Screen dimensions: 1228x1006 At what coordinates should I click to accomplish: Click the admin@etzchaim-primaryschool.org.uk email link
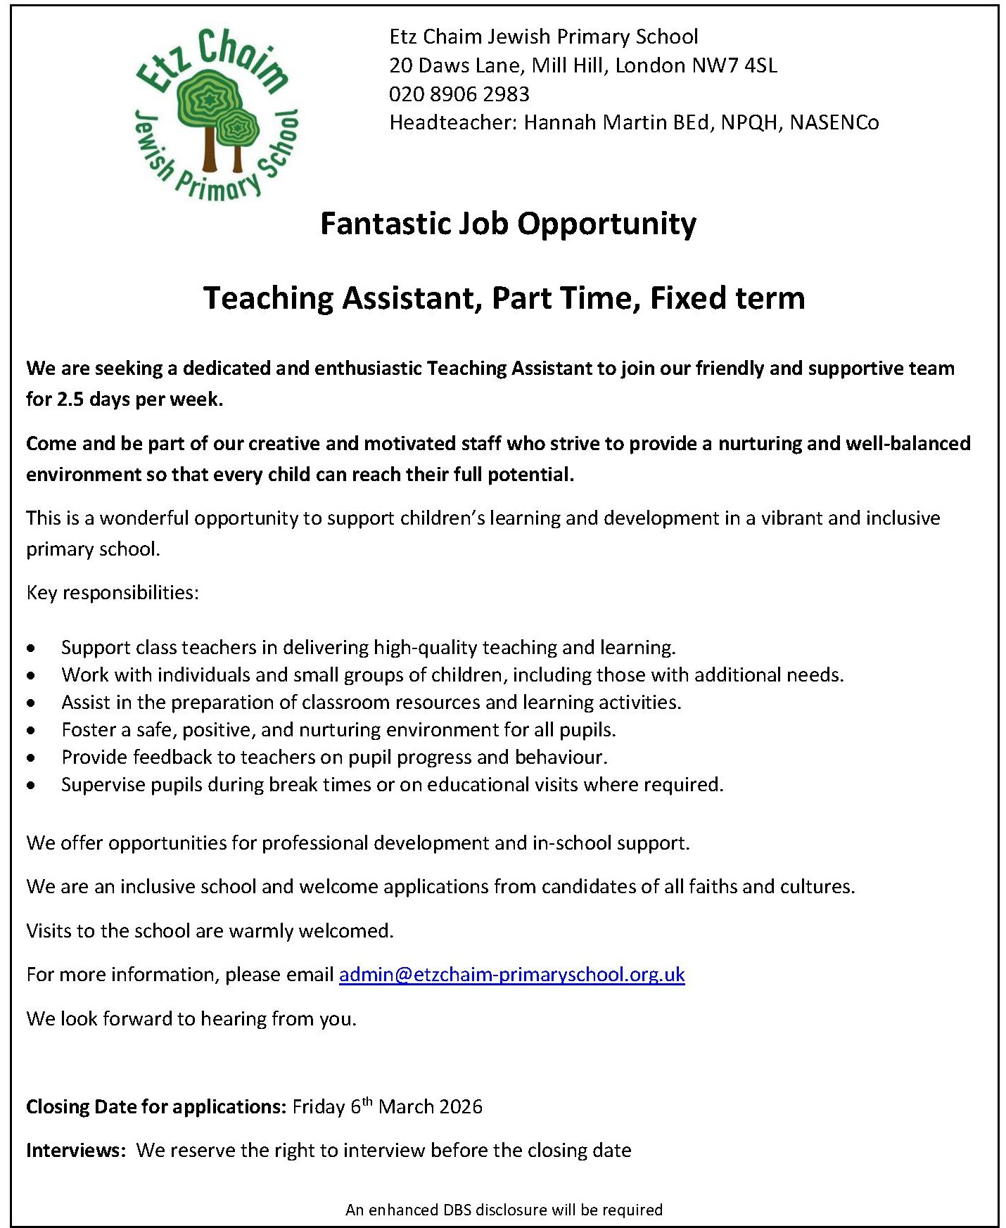511,974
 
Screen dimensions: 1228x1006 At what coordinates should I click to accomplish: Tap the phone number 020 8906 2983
459,94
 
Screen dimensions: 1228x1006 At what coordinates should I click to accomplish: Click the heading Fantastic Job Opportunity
508,224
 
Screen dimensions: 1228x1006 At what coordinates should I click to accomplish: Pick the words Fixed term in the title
727,298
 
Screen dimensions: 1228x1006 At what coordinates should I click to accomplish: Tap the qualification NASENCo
834,122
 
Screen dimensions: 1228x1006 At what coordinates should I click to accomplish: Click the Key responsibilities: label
113,592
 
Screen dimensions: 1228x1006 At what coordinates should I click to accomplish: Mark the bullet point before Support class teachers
31,648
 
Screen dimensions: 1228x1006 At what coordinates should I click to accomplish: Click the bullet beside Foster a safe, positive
31,730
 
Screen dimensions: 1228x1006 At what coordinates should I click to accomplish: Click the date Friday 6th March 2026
388,1106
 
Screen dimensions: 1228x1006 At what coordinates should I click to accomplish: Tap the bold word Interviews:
76,1150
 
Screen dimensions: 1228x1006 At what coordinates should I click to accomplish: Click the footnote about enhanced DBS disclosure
504,1210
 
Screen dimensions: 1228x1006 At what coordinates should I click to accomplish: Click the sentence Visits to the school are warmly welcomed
210,930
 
